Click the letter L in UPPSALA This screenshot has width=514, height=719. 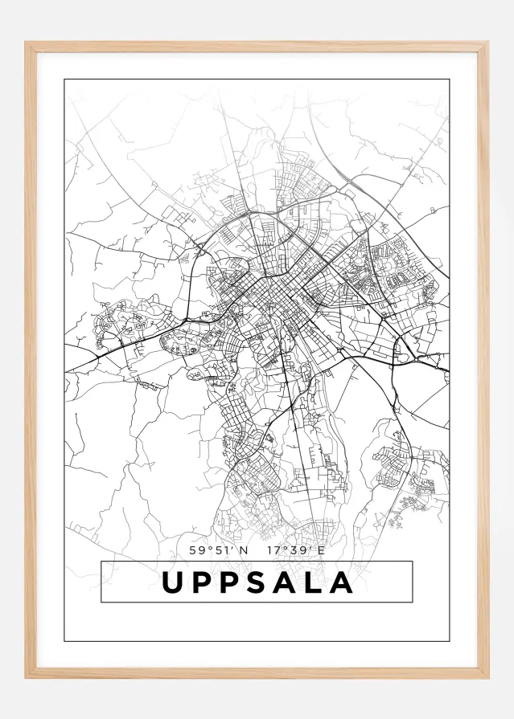[x=316, y=582]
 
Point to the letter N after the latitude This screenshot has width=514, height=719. [x=244, y=550]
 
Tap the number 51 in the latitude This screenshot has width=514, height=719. [x=221, y=550]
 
